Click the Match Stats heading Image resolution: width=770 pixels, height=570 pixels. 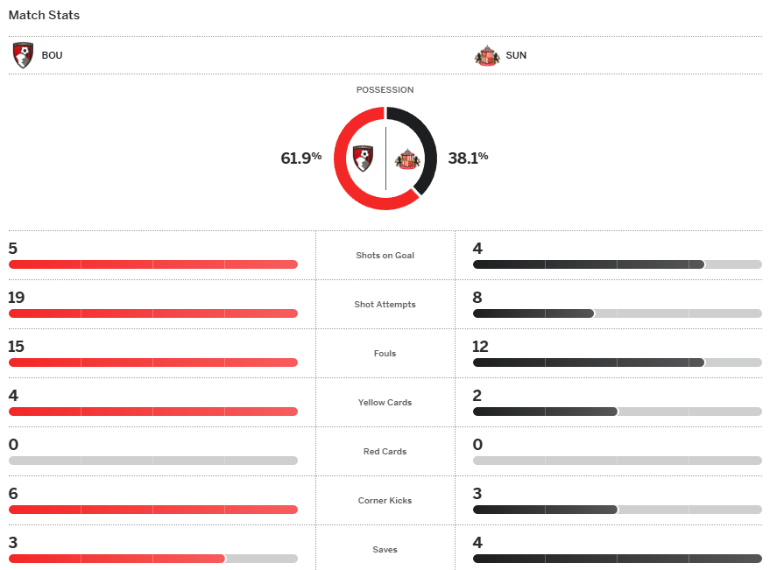[44, 15]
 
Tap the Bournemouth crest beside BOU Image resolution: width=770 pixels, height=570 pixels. [24, 55]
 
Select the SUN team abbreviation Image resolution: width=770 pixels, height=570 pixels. [516, 55]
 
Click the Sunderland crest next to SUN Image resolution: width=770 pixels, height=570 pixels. [486, 55]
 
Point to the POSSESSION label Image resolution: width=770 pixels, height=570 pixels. [385, 89]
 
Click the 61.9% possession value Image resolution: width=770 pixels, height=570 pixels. [300, 158]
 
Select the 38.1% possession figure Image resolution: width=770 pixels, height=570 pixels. [468, 158]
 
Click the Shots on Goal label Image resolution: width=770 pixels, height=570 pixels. [385, 256]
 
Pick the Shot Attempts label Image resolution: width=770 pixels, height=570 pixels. [385, 305]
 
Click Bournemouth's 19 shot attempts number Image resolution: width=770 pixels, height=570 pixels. [16, 298]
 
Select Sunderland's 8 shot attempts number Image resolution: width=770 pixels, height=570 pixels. [477, 298]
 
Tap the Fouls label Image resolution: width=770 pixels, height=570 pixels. [385, 354]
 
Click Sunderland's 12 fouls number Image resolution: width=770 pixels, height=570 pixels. [480, 347]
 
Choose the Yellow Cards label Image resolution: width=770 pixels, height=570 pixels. [385, 403]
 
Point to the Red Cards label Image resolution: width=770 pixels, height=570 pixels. [385, 452]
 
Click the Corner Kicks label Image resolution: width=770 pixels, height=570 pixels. [385, 501]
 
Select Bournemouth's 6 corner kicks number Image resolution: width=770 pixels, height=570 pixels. [13, 494]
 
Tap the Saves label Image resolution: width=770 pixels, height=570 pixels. [385, 550]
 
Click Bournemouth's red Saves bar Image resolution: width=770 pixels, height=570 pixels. [117, 559]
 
